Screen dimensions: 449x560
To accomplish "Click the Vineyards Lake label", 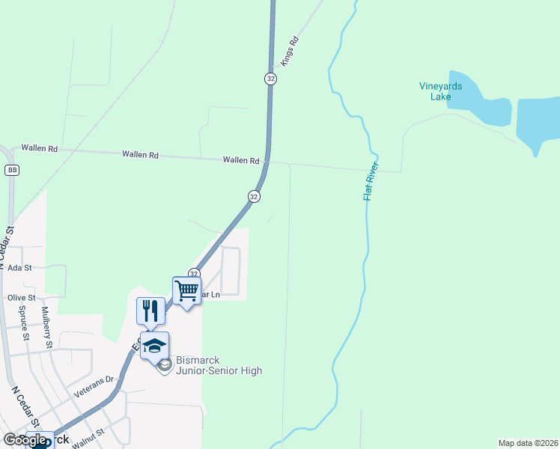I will click(x=440, y=91).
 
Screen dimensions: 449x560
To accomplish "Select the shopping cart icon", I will click(x=186, y=290).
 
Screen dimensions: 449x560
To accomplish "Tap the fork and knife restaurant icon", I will click(x=150, y=310).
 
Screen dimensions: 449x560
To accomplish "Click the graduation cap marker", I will click(x=154, y=345).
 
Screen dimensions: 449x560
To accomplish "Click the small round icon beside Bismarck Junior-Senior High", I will click(x=165, y=365).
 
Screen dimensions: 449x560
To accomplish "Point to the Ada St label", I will click(x=19, y=267).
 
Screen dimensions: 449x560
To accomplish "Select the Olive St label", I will click(x=21, y=297).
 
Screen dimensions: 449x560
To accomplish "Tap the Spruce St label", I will click(x=24, y=322).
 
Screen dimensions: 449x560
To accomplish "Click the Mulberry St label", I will click(x=46, y=327).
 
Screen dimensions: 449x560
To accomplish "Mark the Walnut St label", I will click(x=89, y=432).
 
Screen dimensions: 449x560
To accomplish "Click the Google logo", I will click(x=25, y=440).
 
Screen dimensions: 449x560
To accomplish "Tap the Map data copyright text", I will click(x=528, y=443).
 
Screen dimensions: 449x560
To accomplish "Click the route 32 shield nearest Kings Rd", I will click(x=270, y=79).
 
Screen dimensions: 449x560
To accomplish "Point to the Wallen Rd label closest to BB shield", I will click(x=39, y=148).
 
